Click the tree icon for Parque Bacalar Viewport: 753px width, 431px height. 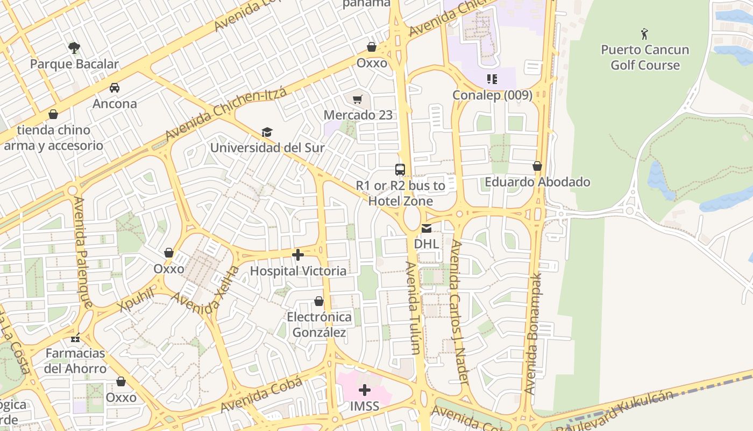tap(74, 48)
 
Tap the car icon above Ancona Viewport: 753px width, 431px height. tap(114, 88)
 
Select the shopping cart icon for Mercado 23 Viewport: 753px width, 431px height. tap(358, 99)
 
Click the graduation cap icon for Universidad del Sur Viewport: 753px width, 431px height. tap(267, 132)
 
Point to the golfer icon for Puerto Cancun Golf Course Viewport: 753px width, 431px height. tap(644, 34)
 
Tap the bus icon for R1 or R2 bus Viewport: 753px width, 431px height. tap(400, 170)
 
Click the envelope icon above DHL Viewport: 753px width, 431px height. tap(427, 228)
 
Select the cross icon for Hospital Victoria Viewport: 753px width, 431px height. tap(298, 255)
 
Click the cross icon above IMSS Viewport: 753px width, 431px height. tap(365, 390)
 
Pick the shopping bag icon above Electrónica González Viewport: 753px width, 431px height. tap(319, 301)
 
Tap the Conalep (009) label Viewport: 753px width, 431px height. tap(492, 95)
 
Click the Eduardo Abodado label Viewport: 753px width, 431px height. tap(537, 182)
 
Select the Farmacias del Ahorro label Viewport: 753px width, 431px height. tap(75, 361)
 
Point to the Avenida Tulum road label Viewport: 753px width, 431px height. tap(413, 308)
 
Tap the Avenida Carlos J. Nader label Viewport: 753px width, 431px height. tap(460, 312)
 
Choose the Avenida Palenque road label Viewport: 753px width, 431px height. tap(83, 252)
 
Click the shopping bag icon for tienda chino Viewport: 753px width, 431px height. tap(53, 114)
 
